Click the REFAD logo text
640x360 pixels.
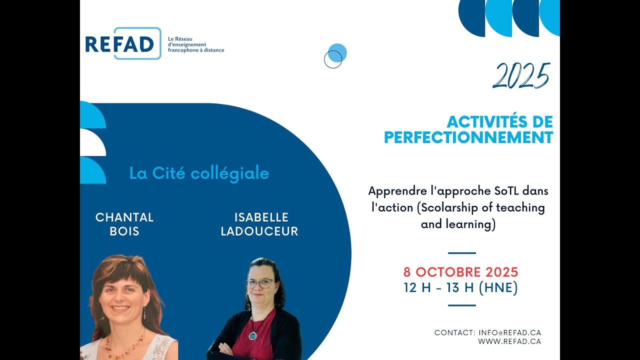pos(119,44)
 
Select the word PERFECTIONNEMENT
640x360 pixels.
pos(468,137)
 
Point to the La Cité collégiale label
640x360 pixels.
pos(199,173)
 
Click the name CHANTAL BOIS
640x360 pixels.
pos(124,224)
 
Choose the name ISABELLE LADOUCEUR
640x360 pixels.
pos(259,224)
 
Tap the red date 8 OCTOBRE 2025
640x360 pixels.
pos(460,272)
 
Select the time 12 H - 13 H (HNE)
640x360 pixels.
pos(460,288)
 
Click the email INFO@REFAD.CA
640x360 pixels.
pos(509,332)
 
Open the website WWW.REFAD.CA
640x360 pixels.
pos(509,341)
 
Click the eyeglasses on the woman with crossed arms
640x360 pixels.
pos(260,283)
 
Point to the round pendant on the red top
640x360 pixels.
pos(253,335)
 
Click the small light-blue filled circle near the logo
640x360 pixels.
pos(337,52)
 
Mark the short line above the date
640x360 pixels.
pos(461,253)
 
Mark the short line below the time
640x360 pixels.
pos(461,305)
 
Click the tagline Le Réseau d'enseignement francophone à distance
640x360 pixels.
pos(195,44)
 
